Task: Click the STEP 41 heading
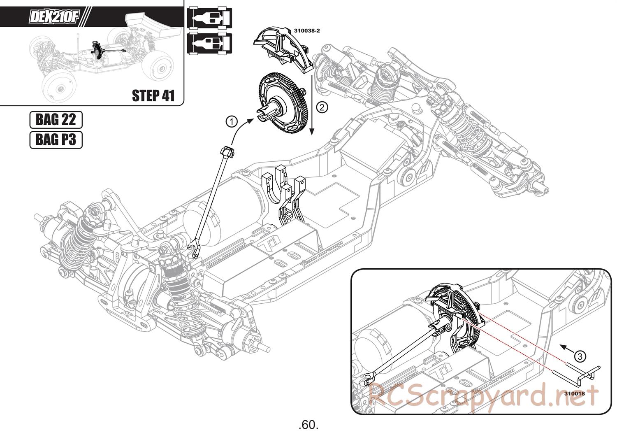point(153,95)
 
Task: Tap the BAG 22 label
point(56,120)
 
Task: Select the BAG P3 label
point(56,140)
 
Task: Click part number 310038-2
point(306,30)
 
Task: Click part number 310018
point(574,393)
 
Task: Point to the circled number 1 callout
point(232,121)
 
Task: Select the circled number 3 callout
point(579,356)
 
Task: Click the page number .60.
point(308,424)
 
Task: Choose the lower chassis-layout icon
point(210,43)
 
